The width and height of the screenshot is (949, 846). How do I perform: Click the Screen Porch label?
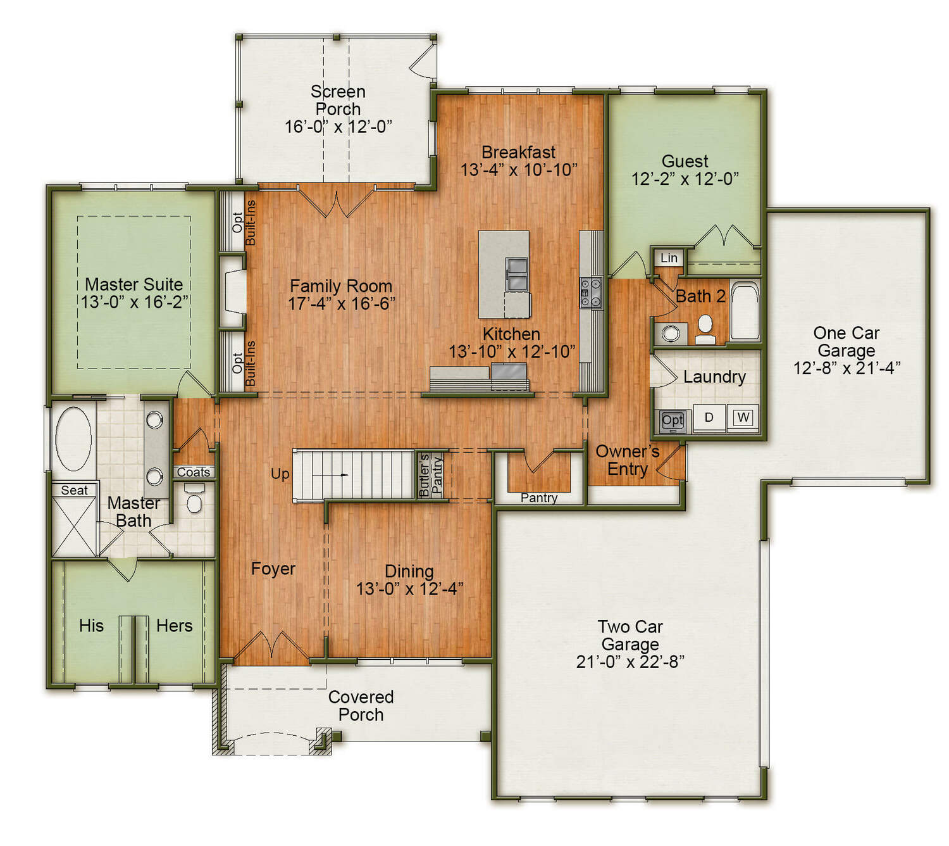pos(338,100)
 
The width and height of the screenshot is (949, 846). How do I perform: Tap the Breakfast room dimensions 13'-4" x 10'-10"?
pos(519,170)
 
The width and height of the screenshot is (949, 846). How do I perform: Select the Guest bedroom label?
pos(685,161)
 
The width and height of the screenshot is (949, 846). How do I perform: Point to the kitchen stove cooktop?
pos(591,293)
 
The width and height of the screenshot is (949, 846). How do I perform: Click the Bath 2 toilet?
pos(705,330)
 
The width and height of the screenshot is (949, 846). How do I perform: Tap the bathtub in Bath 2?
pos(744,310)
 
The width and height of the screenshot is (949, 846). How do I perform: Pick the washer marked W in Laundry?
pos(742,417)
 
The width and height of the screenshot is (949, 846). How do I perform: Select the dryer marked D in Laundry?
pos(709,417)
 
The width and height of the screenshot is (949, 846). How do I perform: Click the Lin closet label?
pos(669,258)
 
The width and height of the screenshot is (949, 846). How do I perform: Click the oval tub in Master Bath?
pos(73,438)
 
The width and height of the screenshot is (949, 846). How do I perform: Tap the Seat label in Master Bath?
pos(74,490)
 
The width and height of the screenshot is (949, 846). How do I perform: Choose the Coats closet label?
pos(194,472)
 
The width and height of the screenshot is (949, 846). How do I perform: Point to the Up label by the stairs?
pos(280,474)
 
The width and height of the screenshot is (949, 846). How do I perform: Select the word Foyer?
pos(273,569)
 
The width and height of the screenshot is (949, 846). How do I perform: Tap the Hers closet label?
pos(174,626)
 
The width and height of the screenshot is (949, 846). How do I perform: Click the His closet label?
pos(91,626)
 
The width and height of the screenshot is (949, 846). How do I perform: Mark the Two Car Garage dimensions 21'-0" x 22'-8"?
pos(630,662)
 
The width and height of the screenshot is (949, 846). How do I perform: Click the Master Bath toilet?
pos(194,499)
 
